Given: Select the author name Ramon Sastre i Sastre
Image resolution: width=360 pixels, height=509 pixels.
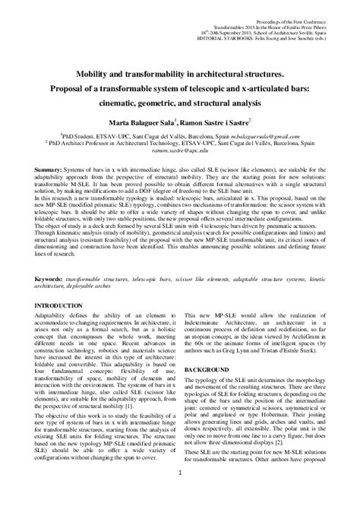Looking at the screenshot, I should click(216, 120).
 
